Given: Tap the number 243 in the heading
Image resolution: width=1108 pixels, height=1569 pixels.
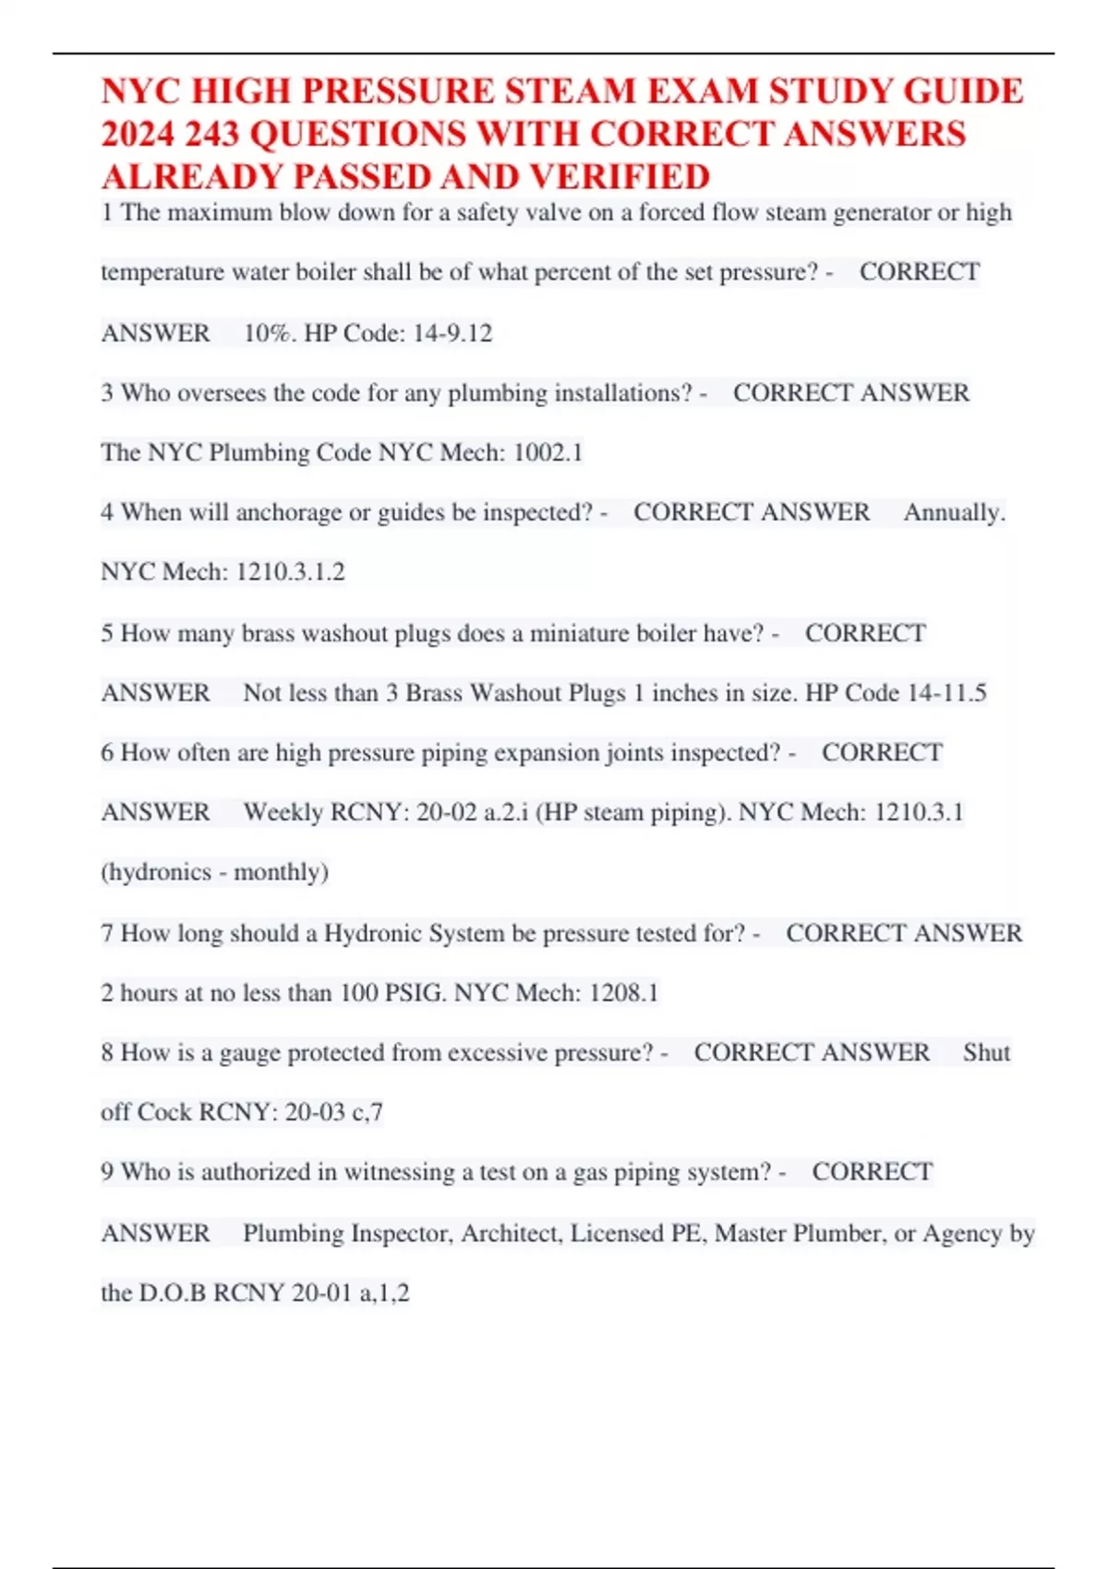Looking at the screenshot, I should (x=211, y=135).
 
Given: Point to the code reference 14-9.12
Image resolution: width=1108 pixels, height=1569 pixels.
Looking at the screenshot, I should (x=452, y=333).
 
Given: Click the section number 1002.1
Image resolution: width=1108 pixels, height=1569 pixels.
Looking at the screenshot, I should (x=548, y=453).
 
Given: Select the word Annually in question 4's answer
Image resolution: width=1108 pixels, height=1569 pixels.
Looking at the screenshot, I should (x=953, y=513).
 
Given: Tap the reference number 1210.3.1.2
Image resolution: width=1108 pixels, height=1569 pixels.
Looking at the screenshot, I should (x=291, y=572).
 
